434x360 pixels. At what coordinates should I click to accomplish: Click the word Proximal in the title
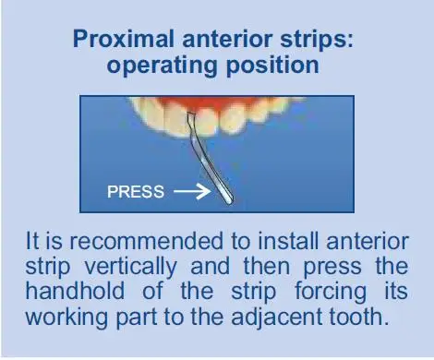124,39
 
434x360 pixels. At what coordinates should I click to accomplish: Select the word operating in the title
162,66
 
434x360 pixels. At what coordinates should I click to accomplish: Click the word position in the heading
272,66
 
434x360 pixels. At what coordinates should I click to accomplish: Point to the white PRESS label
136,192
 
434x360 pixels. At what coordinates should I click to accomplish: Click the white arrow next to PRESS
192,191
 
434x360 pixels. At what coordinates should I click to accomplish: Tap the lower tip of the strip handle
229,201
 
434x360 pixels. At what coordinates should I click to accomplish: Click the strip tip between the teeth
191,114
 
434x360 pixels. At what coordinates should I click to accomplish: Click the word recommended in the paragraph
146,241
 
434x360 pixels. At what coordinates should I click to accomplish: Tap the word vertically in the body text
131,267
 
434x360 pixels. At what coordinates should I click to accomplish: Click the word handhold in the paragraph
75,291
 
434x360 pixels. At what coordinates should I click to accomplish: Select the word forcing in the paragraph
331,293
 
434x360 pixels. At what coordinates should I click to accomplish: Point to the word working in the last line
66,318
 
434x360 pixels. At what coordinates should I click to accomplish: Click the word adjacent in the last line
277,318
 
